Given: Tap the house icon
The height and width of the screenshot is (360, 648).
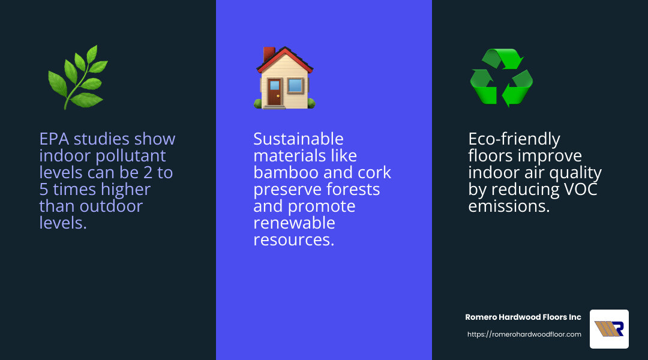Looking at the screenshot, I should [x=284, y=79].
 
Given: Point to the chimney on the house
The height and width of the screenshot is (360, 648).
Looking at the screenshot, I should [x=269, y=55].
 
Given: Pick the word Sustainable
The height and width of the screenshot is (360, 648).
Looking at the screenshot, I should [x=298, y=139].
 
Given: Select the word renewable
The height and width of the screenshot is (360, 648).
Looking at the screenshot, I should [x=294, y=223].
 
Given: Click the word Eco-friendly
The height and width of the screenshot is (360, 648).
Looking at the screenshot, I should [x=514, y=139].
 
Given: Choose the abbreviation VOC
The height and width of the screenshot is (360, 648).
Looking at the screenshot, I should [x=577, y=190].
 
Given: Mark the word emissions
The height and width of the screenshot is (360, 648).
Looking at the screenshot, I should [x=509, y=206].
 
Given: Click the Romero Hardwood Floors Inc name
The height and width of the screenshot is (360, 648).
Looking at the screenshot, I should [x=523, y=317].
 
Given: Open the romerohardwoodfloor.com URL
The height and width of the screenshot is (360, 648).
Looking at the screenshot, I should [x=524, y=334].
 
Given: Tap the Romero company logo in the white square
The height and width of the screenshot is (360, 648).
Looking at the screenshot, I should [x=609, y=329].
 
